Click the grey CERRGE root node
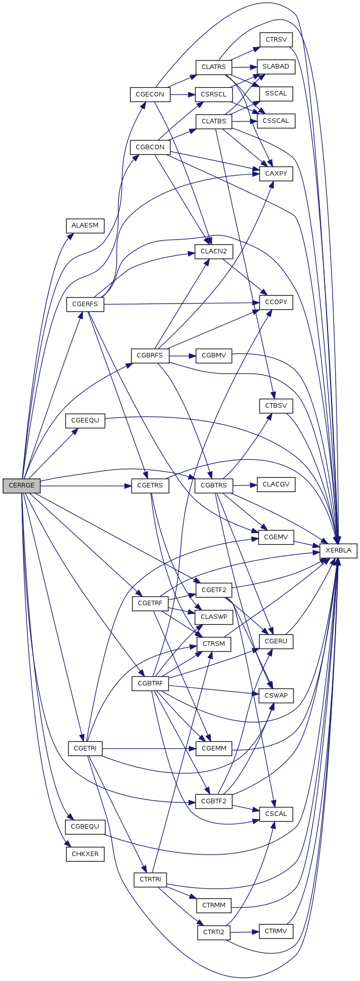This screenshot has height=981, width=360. (21, 485)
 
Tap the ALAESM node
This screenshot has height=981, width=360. (85, 225)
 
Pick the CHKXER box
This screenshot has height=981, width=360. (85, 854)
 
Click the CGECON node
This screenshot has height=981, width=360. (150, 94)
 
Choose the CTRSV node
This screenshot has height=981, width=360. (276, 40)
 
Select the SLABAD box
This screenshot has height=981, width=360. (276, 67)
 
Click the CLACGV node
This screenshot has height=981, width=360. (276, 484)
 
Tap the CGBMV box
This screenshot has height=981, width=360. (214, 356)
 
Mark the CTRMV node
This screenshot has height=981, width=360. (276, 931)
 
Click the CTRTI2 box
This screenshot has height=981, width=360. (214, 932)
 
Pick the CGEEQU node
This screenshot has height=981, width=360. (85, 421)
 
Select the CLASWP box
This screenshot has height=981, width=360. (214, 617)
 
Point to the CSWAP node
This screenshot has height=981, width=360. (276, 696)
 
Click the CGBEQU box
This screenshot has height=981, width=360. (85, 827)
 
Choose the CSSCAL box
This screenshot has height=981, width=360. (276, 121)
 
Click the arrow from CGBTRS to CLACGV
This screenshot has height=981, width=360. (245, 485)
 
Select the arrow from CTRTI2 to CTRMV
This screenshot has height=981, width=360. (245, 932)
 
